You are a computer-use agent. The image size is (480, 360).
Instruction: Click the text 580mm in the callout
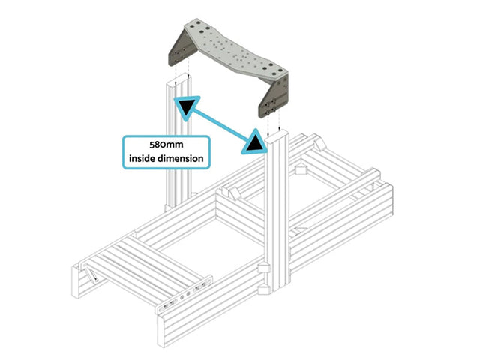[166, 145]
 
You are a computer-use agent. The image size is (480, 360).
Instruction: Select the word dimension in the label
[183, 158]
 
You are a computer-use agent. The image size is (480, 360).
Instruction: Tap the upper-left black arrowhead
[187, 108]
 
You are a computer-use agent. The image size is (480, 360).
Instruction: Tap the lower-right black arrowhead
[253, 142]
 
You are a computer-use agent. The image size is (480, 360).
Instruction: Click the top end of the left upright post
[178, 80]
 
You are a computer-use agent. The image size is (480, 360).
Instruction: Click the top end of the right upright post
[276, 136]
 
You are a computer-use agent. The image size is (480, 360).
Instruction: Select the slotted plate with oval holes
[185, 294]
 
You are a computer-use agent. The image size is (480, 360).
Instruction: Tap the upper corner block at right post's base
[264, 268]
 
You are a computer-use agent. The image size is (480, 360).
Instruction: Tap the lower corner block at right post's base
[263, 289]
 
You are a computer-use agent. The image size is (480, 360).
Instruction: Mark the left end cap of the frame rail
[75, 281]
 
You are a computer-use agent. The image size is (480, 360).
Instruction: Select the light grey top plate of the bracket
[235, 49]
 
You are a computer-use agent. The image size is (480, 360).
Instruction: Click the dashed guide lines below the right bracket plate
[273, 122]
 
